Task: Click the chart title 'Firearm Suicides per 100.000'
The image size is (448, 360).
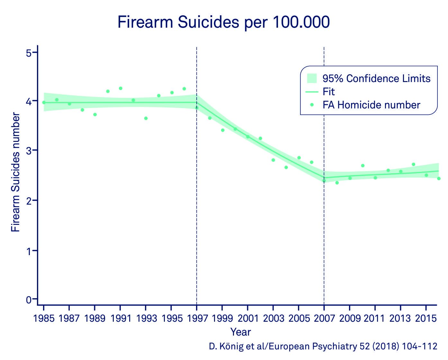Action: click(x=224, y=23)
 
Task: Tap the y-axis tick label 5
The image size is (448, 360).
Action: click(x=29, y=53)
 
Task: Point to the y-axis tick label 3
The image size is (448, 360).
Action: click(x=29, y=150)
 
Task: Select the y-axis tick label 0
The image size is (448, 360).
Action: click(x=29, y=300)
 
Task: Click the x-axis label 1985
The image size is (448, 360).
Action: click(x=44, y=318)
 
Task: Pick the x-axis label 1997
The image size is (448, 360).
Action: click(x=197, y=318)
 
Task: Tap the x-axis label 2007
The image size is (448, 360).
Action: click(x=324, y=318)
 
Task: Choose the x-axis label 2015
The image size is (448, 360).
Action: click(x=426, y=318)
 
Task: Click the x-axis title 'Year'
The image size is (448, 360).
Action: click(x=240, y=332)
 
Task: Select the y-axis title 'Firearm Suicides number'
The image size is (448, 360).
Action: click(x=15, y=172)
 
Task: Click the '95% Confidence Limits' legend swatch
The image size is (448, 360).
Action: click(x=312, y=78)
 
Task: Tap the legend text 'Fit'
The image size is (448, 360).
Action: click(x=329, y=92)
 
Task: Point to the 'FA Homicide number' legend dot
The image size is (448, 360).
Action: click(x=312, y=105)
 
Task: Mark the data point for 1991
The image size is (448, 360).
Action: click(x=121, y=88)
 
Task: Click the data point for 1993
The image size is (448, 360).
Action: click(x=146, y=118)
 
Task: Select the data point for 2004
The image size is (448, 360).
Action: click(x=286, y=167)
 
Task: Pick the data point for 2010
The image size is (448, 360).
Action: click(x=363, y=166)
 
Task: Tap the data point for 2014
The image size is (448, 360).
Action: click(x=413, y=164)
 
